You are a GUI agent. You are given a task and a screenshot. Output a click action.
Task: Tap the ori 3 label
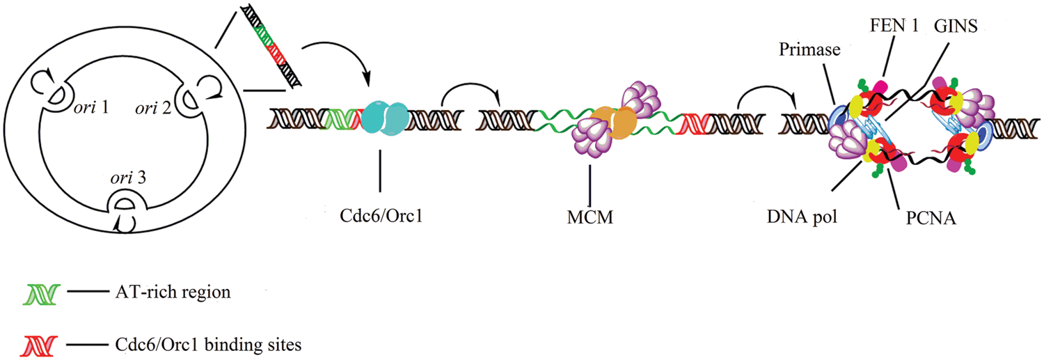(x=127, y=178)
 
